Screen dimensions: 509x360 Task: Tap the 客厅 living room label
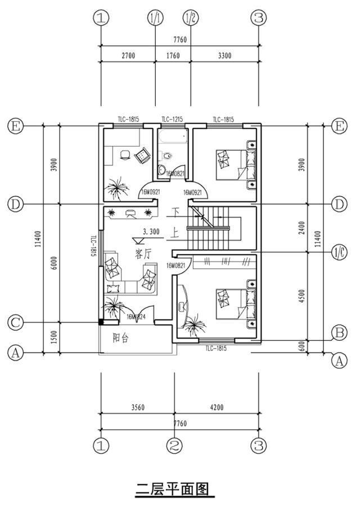143,254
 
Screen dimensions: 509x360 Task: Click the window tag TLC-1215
172,119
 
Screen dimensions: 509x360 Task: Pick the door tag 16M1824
136,317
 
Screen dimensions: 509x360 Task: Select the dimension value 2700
128,56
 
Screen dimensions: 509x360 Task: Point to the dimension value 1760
173,56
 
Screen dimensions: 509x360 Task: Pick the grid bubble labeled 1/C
339,251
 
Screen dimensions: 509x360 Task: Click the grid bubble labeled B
339,333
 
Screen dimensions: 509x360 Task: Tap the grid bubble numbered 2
175,446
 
